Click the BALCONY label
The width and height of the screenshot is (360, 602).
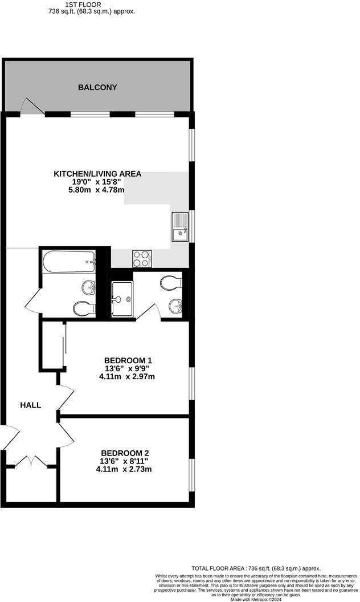97,87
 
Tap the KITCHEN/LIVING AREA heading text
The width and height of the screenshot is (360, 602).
97,174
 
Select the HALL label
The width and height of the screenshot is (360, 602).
31,405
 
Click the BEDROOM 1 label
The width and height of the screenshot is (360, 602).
128,360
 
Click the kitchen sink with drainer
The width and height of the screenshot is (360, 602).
180,226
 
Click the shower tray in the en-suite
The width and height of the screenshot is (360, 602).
122,299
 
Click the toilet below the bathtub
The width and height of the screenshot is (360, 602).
84,308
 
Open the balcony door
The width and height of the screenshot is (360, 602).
32,107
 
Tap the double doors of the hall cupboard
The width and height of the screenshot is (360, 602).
31,461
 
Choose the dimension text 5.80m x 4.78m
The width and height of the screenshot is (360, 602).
97,190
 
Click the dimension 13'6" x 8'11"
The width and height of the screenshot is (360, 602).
124,461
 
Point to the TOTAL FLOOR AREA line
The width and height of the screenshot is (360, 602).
256,568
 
